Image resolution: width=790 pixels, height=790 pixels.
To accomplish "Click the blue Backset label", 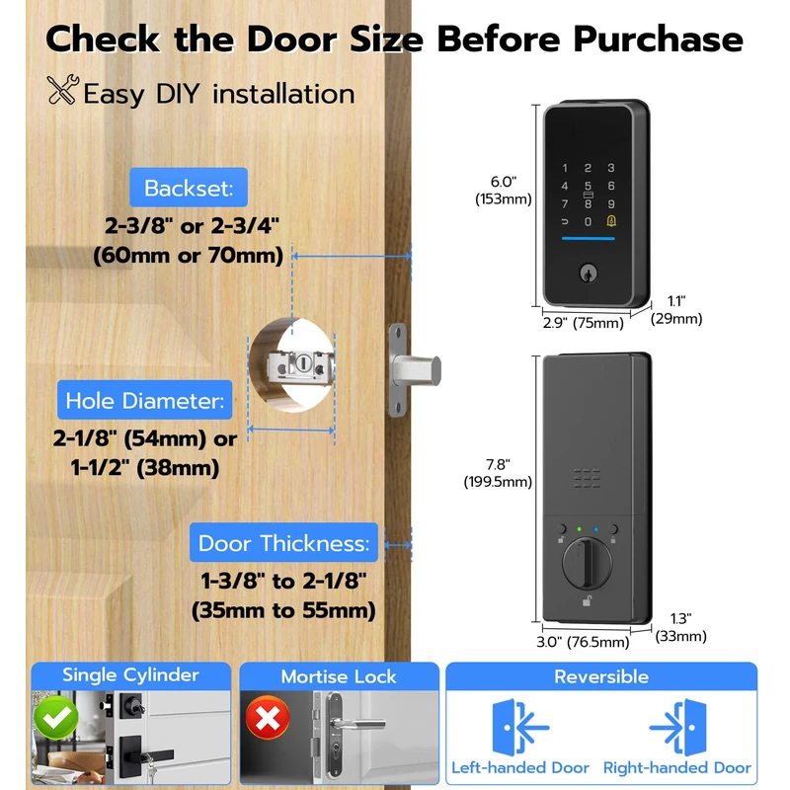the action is click(x=188, y=188).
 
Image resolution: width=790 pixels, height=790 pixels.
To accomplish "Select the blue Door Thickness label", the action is click(x=284, y=543).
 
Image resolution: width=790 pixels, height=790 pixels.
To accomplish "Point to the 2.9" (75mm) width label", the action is click(x=584, y=323).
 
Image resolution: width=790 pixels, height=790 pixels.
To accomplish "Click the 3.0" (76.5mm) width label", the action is click(x=583, y=642).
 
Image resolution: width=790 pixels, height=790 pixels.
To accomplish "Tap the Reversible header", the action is click(x=600, y=676).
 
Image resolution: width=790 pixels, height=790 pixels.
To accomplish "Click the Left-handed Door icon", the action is click(x=520, y=729).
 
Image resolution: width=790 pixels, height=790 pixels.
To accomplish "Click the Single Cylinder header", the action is click(x=130, y=675).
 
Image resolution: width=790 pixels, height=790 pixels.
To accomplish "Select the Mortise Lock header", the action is click(x=339, y=676).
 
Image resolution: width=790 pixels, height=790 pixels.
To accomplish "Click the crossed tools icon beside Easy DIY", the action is click(x=61, y=92).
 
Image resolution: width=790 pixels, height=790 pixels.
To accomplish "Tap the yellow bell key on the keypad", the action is click(x=612, y=221).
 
